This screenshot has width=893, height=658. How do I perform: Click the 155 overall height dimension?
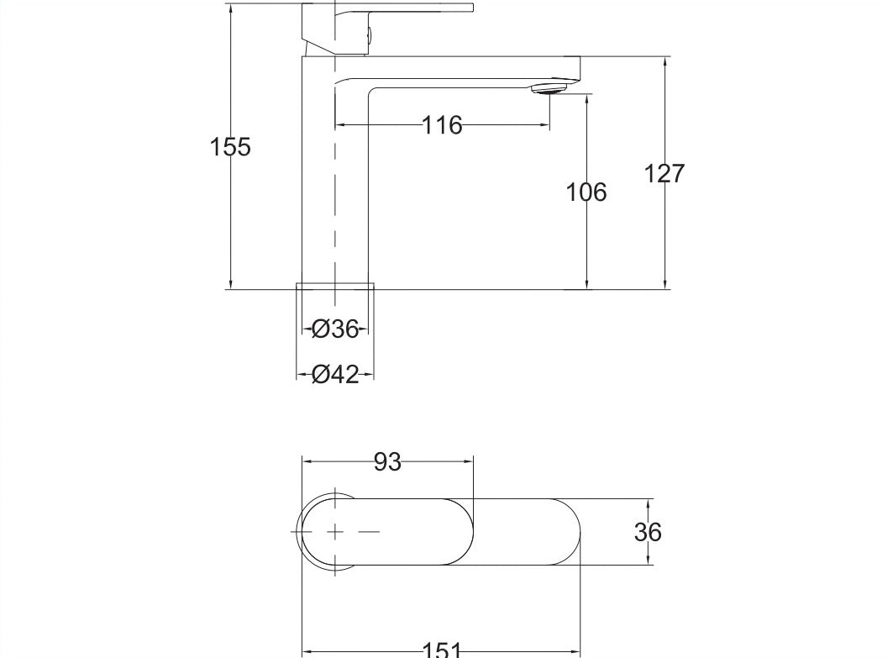coord(229,147)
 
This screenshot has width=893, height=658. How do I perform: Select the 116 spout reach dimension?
coord(442,125)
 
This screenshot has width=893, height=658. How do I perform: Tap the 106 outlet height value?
coord(586,192)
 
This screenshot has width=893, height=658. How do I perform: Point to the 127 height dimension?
coord(664,173)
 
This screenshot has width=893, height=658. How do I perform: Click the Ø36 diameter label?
coord(334,329)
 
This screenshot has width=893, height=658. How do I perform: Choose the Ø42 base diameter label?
coord(334,374)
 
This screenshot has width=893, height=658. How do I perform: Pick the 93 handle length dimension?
coord(387,461)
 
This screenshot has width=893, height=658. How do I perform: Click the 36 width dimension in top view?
coord(649,531)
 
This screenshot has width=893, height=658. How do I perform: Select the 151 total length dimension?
coord(441,650)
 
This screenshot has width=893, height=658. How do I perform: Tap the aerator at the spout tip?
coord(551,87)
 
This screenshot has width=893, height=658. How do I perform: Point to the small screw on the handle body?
coord(368,34)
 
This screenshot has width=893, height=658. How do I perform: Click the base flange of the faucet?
coord(335,287)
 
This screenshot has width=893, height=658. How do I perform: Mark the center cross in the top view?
coord(334,531)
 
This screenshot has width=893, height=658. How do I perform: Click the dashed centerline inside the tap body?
coord(335,210)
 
